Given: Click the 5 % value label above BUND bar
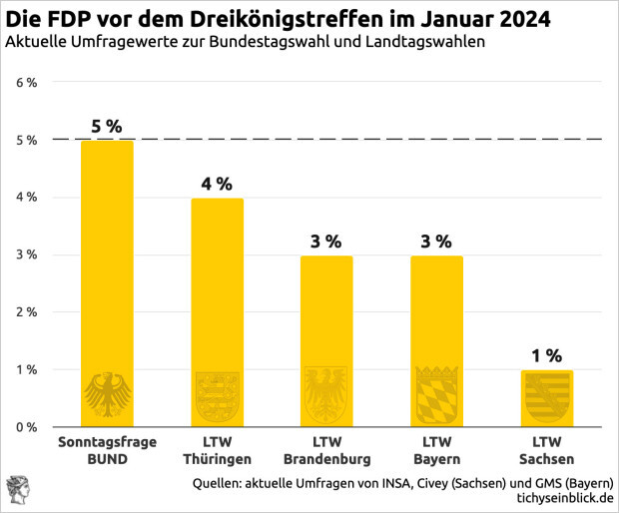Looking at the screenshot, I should tap(107, 127).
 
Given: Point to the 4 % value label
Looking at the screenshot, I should tap(217, 184).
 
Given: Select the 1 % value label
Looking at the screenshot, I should tap(546, 355).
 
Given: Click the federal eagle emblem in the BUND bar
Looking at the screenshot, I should tap(107, 394).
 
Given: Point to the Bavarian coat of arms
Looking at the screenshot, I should tap(436, 394).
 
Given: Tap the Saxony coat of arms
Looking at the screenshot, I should tap(546, 397).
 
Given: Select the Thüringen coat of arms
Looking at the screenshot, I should tap(217, 394).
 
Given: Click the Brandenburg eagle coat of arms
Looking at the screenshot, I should tap(326, 394).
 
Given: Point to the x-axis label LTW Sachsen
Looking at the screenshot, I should tap(546, 450).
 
